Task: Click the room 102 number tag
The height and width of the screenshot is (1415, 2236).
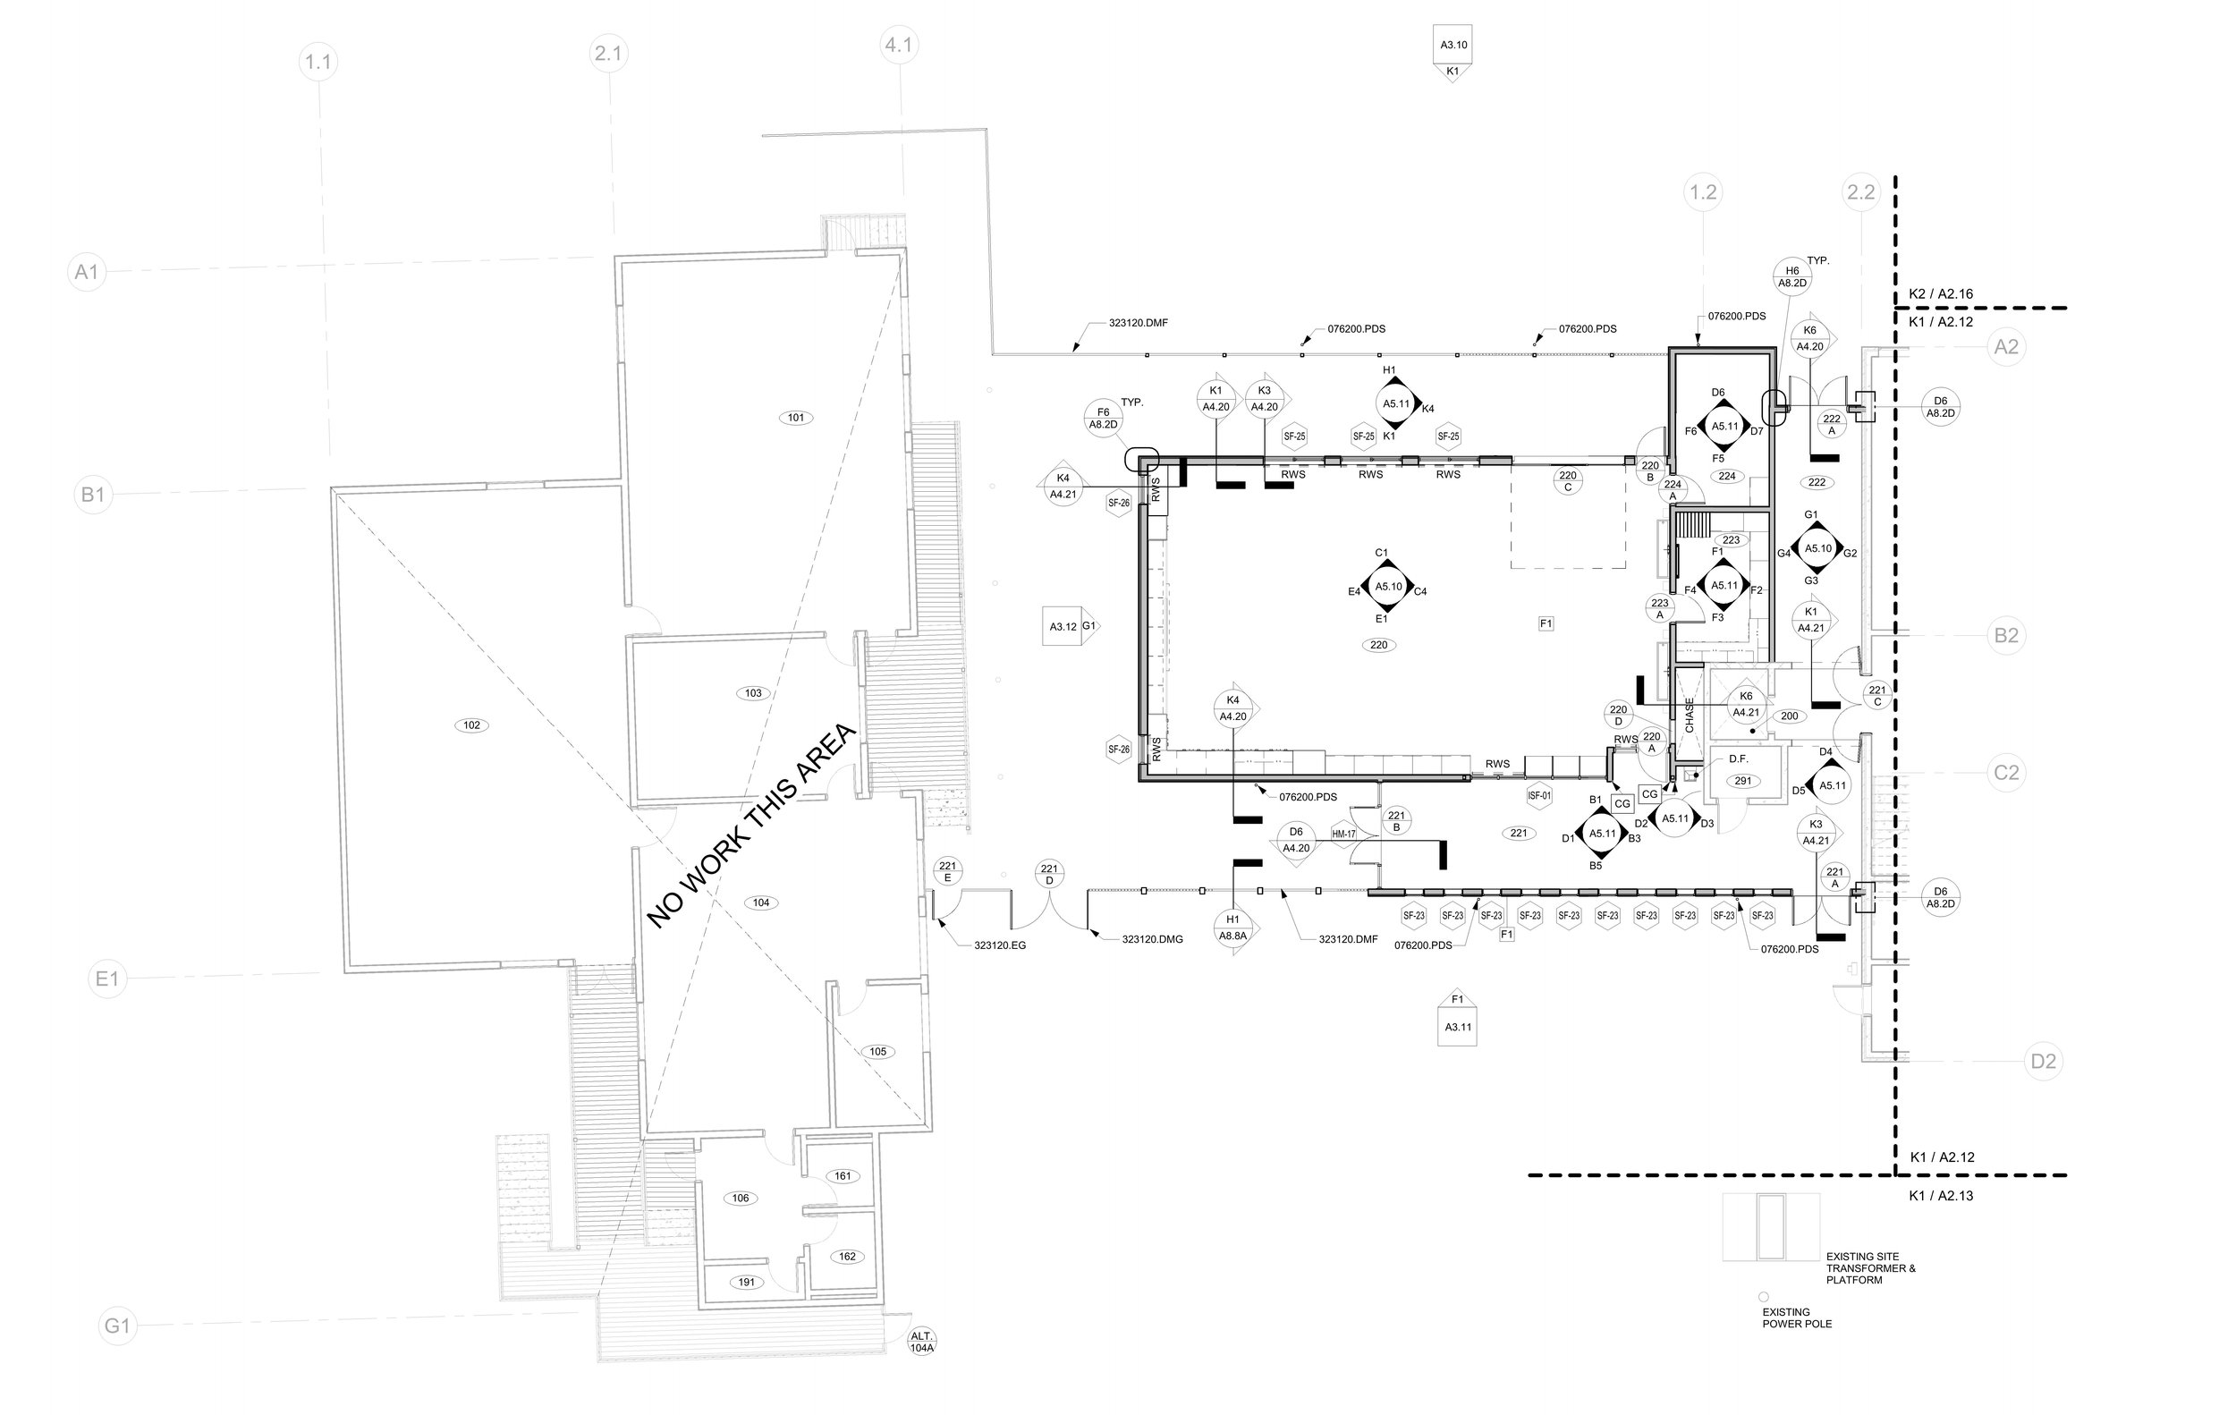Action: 470,725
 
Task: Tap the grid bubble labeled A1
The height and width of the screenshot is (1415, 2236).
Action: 87,272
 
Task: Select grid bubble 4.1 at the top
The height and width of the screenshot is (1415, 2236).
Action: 898,45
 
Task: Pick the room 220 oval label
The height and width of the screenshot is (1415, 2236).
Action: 1379,644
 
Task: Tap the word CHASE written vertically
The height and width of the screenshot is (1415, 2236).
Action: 1689,715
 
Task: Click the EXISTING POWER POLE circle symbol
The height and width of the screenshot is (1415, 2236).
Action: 1764,1297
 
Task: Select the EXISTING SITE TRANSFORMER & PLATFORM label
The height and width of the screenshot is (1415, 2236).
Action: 1870,1267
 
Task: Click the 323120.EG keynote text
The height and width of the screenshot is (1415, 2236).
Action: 999,945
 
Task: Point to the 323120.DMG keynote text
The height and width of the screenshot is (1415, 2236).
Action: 1152,940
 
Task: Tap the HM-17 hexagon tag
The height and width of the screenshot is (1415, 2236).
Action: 1343,834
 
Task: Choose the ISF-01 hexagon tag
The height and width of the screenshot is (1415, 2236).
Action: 1538,796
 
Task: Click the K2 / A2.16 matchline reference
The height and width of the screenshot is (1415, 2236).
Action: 1941,294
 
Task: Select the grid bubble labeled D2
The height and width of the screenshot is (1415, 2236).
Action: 2043,1061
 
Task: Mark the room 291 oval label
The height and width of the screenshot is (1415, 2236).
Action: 1743,781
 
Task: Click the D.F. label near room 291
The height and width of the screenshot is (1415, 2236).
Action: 1739,759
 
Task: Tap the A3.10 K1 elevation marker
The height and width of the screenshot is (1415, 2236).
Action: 1453,54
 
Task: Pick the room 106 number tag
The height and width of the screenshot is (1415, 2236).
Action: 740,1198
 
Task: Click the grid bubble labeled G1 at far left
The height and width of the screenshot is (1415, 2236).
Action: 117,1326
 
